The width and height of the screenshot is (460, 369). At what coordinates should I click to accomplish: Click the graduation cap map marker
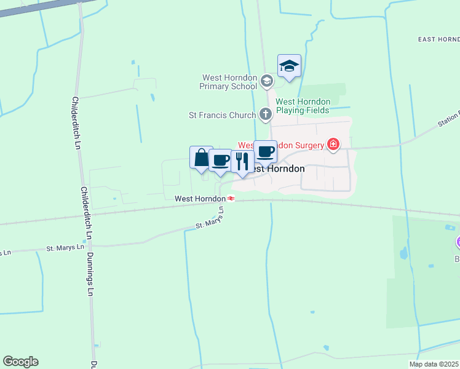pyautogui.click(x=289, y=65)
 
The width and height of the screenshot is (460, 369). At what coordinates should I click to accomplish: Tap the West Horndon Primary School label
pyautogui.click(x=228, y=82)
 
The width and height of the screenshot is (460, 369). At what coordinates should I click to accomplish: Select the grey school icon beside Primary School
pyautogui.click(x=266, y=81)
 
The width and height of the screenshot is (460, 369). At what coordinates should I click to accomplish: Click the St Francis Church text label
pyautogui.click(x=222, y=114)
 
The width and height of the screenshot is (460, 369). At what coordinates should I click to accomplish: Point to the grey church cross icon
pyautogui.click(x=266, y=114)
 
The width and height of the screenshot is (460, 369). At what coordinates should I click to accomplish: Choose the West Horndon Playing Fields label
pyautogui.click(x=303, y=106)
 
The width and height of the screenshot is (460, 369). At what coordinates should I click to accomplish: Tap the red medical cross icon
pyautogui.click(x=333, y=145)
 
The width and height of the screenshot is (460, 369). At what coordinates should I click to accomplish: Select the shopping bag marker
pyautogui.click(x=201, y=158)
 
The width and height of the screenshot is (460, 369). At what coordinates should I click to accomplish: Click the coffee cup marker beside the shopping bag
pyautogui.click(x=220, y=161)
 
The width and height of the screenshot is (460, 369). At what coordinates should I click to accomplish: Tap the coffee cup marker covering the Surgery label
pyautogui.click(x=265, y=151)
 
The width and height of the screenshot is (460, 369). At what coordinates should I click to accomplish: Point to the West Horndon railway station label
pyautogui.click(x=199, y=199)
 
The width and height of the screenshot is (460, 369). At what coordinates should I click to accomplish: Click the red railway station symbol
pyautogui.click(x=231, y=199)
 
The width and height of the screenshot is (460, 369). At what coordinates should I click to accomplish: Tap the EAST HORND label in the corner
pyautogui.click(x=438, y=39)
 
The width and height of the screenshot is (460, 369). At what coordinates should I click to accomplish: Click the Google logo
pyautogui.click(x=20, y=362)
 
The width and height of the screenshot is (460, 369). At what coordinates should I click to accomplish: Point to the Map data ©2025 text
pyautogui.click(x=434, y=364)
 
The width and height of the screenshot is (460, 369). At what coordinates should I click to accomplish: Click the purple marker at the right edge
pyautogui.click(x=458, y=242)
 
